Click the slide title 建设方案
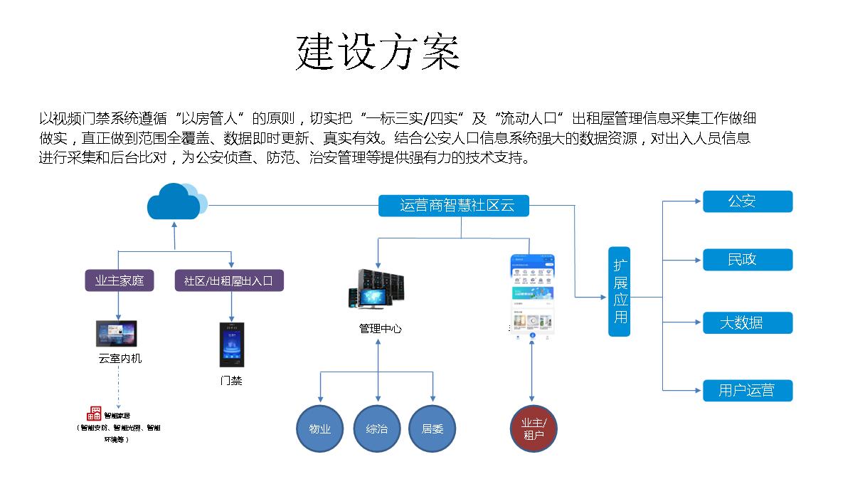[378, 51]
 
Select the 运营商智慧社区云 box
[456, 206]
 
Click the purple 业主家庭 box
[119, 280]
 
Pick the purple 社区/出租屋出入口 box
[229, 280]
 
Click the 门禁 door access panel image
[231, 345]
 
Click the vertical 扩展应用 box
[620, 291]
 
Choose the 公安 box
[747, 201]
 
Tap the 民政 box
[747, 260]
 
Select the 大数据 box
[747, 323]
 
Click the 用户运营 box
[747, 390]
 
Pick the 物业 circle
[319, 428]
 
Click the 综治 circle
[377, 428]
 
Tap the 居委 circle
[432, 428]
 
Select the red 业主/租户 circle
[533, 428]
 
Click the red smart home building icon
[94, 413]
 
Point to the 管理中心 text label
[380, 328]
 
